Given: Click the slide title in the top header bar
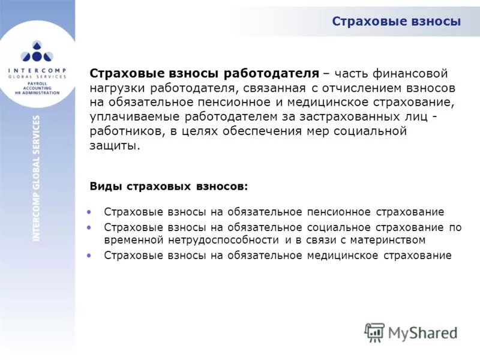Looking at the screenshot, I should pyautogui.click(x=396, y=22).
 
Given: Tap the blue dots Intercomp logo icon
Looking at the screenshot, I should pyautogui.click(x=37, y=52).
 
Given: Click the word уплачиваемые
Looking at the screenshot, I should pyautogui.click(x=132, y=116).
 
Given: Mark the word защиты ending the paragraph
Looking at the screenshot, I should pyautogui.click(x=114, y=146).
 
